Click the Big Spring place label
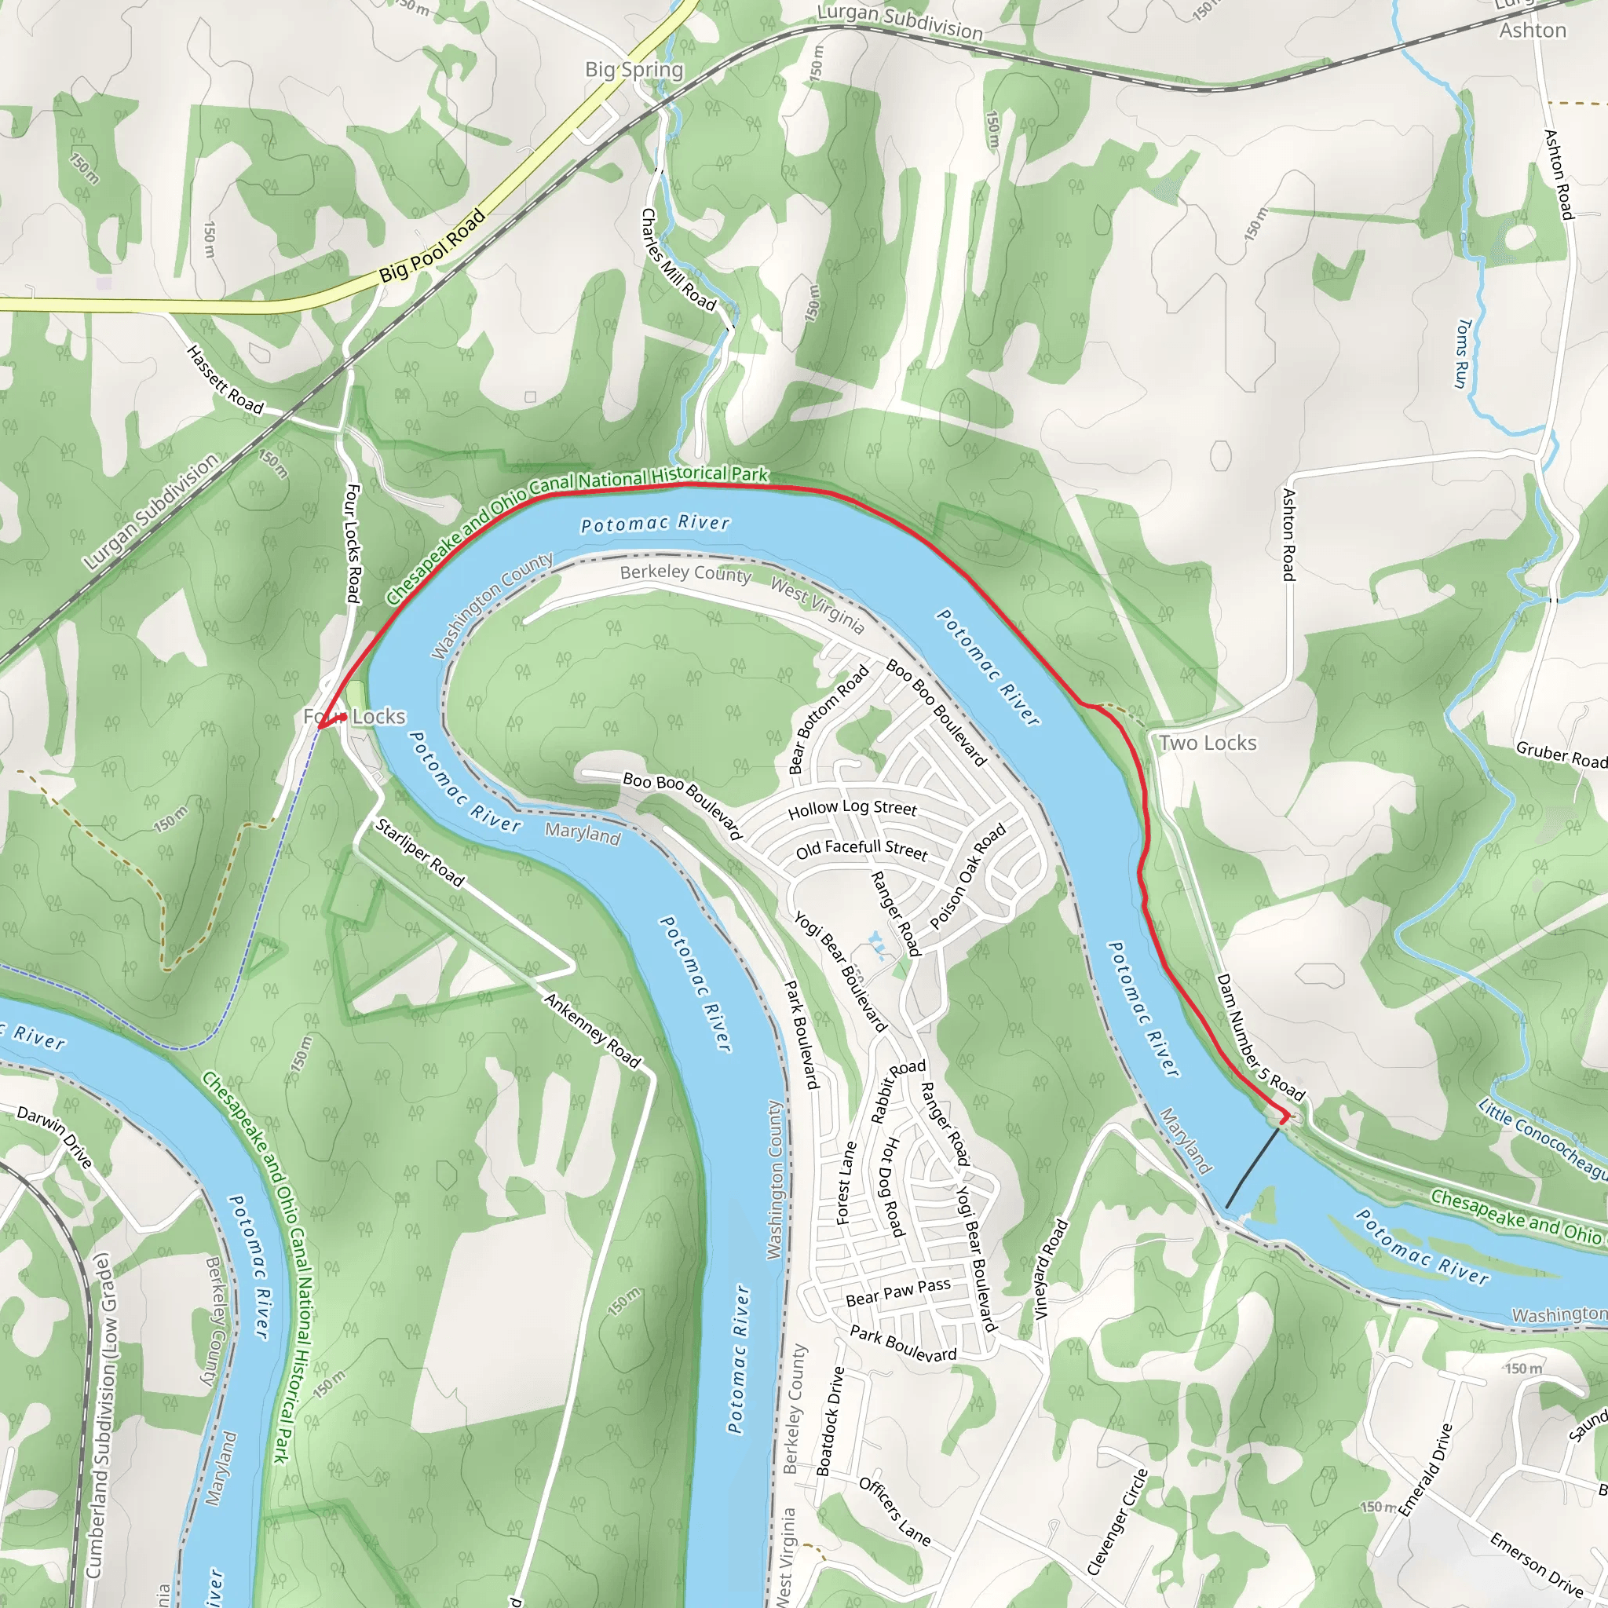point(634,70)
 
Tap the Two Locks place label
point(1208,744)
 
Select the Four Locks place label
point(355,717)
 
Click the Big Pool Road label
point(432,247)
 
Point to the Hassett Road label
point(225,380)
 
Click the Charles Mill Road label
point(678,260)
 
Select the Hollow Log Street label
point(852,808)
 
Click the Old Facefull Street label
point(861,850)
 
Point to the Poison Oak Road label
point(968,876)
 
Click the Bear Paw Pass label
point(898,1292)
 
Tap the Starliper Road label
point(419,852)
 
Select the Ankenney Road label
point(593,1030)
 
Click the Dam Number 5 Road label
point(1260,1037)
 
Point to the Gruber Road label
point(1562,754)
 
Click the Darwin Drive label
point(55,1137)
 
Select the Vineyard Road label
point(1051,1270)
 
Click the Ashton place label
point(1533,31)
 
